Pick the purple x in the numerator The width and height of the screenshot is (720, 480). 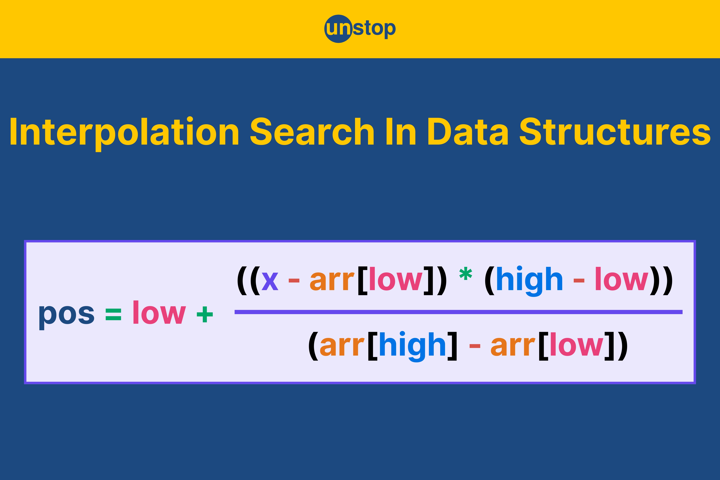(x=270, y=280)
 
